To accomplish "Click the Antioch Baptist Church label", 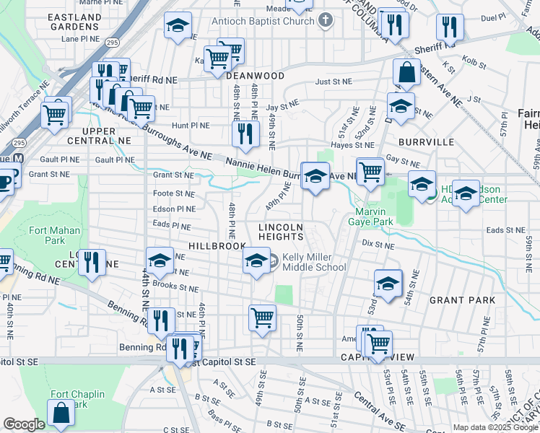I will click(x=264, y=21).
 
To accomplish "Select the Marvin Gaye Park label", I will click(x=373, y=217).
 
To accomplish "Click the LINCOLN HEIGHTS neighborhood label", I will click(x=281, y=232).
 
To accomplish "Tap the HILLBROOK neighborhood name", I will click(x=217, y=246).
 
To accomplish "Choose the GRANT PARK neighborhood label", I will click(x=462, y=299).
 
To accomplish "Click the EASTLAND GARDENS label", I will click(x=75, y=21).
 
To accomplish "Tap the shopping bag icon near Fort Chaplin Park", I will click(x=61, y=414).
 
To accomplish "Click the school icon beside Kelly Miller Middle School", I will click(x=256, y=263).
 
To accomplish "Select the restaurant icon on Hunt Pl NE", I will click(x=245, y=134).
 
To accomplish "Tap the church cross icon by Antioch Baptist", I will click(x=326, y=20).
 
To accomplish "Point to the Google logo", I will click(x=24, y=424).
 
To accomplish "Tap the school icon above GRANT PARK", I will click(x=388, y=283).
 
